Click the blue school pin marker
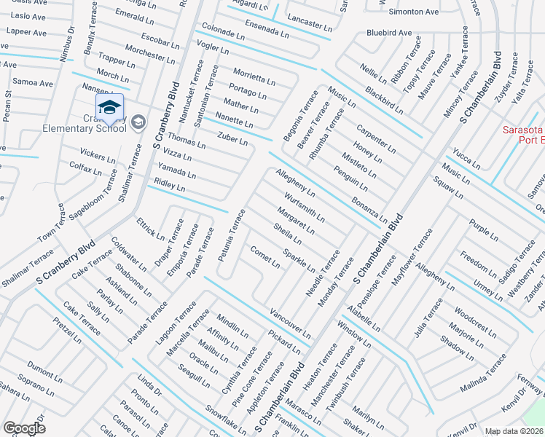click(x=109, y=109)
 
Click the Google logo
click(x=25, y=428)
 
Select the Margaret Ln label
click(x=296, y=221)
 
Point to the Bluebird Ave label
click(x=389, y=33)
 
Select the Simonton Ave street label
click(x=413, y=12)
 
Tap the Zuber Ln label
click(x=233, y=136)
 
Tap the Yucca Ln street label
click(x=466, y=160)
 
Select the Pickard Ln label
click(x=283, y=341)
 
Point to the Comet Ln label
click(x=265, y=257)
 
